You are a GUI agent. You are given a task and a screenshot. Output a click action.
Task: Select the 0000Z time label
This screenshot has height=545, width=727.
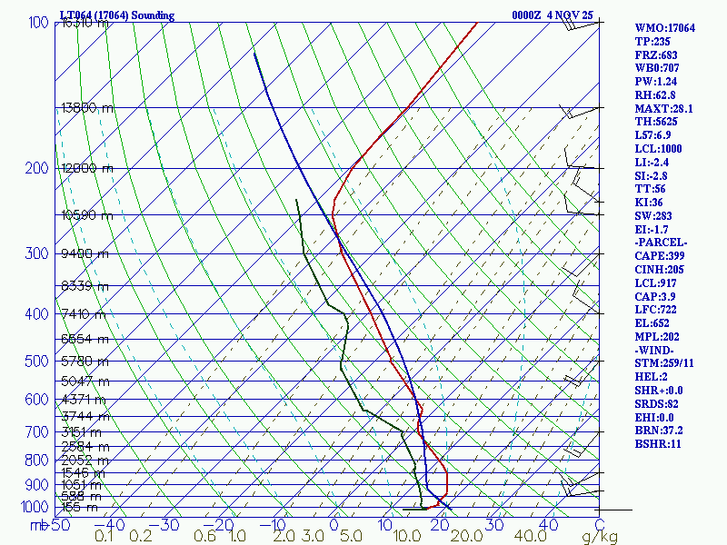pos(527,15)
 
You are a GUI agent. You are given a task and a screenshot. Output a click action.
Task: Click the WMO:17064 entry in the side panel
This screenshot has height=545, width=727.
pos(664,28)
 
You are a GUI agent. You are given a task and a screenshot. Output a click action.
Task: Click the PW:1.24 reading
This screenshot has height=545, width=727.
pos(655,82)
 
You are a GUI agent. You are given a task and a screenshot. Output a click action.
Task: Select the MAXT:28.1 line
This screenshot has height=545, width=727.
pos(663,109)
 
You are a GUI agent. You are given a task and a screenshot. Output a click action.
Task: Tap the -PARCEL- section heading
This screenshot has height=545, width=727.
pos(662,243)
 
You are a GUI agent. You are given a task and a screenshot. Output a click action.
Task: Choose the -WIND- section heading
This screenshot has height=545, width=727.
pos(655,350)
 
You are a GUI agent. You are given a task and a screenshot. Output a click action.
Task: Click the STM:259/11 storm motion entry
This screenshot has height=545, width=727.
pos(663,363)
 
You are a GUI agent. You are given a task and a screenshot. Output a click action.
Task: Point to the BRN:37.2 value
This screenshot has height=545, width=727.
pos(658,431)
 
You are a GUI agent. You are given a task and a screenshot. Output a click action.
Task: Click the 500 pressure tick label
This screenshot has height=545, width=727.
pos(36,362)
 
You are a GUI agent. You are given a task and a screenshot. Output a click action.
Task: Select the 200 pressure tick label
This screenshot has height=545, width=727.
pos(36,168)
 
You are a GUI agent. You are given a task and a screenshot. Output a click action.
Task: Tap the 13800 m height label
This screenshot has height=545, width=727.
pos(88,107)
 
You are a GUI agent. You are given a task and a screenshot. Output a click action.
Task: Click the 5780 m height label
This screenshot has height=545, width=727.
pos(85,362)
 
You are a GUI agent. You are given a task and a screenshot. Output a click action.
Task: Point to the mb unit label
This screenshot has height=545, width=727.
pos(37,524)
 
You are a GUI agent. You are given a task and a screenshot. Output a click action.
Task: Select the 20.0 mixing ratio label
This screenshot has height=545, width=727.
pos(464,537)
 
